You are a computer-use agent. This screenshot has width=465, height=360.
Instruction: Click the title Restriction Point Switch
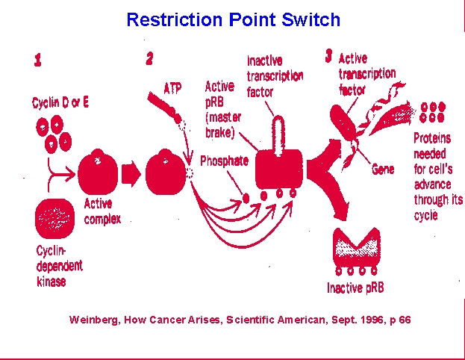point(234,19)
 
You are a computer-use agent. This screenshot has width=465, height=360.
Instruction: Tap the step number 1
point(37,60)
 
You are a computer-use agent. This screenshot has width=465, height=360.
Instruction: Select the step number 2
point(150,58)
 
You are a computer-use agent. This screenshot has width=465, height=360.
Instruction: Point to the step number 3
point(328,56)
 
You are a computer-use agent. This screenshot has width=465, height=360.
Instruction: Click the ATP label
point(172,88)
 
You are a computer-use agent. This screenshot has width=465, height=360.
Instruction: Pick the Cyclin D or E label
point(60,102)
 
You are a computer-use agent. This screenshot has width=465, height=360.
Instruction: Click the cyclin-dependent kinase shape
point(55,219)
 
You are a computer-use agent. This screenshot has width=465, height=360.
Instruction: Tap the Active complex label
point(102,211)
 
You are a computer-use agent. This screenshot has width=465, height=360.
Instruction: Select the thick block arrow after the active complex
point(131,174)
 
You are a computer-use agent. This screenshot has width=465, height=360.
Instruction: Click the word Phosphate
point(225,161)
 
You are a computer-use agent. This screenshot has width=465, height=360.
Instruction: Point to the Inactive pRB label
point(355,288)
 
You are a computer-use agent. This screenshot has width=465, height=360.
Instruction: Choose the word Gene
point(383,169)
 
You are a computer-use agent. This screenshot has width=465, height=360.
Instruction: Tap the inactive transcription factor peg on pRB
point(278,135)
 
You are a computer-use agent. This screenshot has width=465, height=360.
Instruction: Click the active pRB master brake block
point(279,170)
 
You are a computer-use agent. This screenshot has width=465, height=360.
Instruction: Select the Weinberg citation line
point(240,320)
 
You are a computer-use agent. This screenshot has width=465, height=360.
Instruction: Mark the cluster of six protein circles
point(433,112)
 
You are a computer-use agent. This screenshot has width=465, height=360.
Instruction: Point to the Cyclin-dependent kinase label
point(59,266)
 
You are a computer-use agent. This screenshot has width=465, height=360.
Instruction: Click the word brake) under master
point(219,133)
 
